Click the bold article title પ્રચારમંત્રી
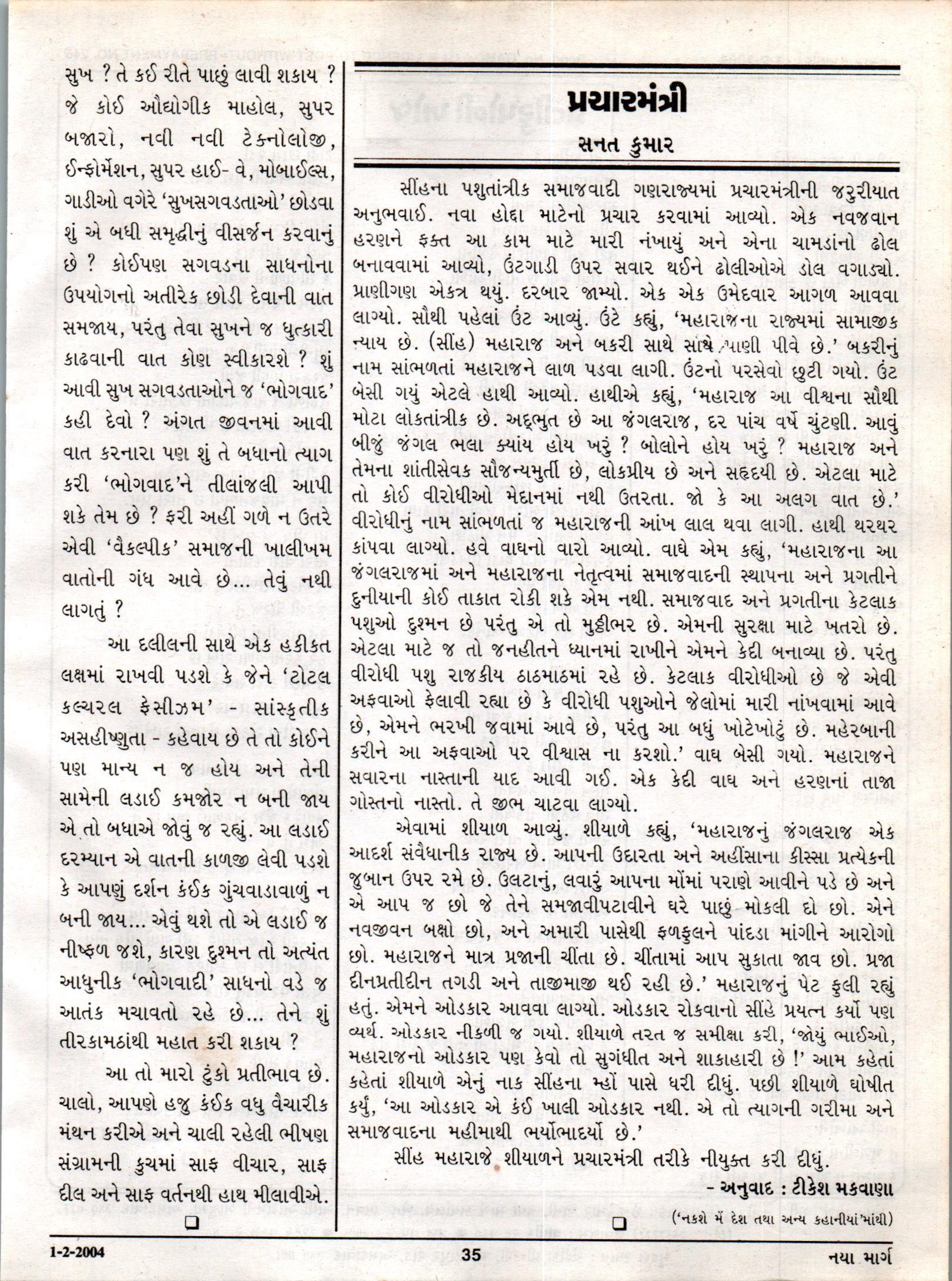[x=627, y=102]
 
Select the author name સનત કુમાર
[x=626, y=144]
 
